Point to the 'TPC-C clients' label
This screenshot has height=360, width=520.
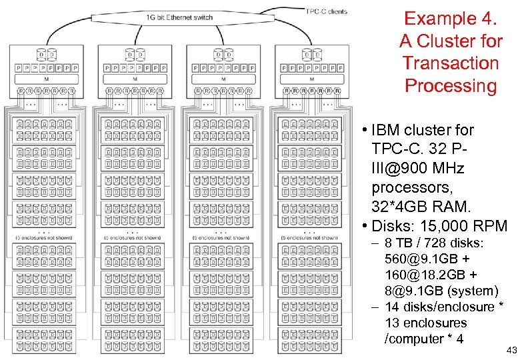(327, 11)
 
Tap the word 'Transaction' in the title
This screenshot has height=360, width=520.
(451, 63)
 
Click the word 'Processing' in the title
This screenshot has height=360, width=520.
(451, 86)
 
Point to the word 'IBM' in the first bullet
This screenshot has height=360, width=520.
(388, 130)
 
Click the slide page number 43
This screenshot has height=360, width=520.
(511, 350)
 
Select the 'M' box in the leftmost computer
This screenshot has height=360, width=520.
(46, 79)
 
